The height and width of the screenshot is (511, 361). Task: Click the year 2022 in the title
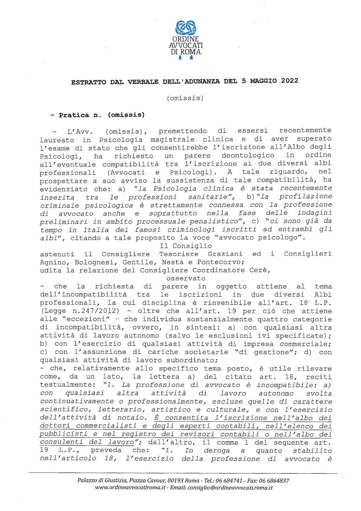coord(290,81)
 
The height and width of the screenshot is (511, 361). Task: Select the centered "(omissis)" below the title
coord(185,98)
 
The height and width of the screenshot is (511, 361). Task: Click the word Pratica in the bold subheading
coord(74,115)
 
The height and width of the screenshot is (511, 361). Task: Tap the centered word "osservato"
coord(186,278)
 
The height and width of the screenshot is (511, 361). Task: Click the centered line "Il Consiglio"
coord(186,246)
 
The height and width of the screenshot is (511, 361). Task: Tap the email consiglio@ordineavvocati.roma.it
coord(230,488)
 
